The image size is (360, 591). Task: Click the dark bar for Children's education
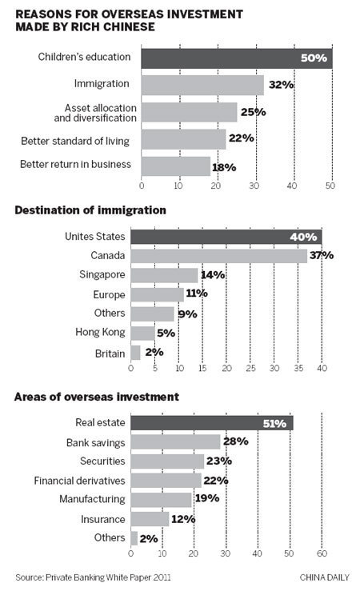coord(236,58)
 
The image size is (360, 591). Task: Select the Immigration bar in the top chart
coord(202,84)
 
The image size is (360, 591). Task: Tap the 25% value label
coord(253,112)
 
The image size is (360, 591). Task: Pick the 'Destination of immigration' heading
coord(89,210)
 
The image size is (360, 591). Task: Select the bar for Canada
coord(218,255)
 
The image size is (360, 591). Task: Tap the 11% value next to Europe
coord(196,294)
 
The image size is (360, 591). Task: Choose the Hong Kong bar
coord(142,332)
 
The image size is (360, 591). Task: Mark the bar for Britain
coord(135,351)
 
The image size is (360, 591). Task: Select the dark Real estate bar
coord(211,422)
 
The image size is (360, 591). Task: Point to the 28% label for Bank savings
coord(235,441)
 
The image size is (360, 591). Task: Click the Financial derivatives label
coord(79,481)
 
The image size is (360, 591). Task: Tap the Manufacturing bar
coord(161,500)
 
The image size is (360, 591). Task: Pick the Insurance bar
coord(150,519)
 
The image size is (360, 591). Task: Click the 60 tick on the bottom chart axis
coord(322,553)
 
